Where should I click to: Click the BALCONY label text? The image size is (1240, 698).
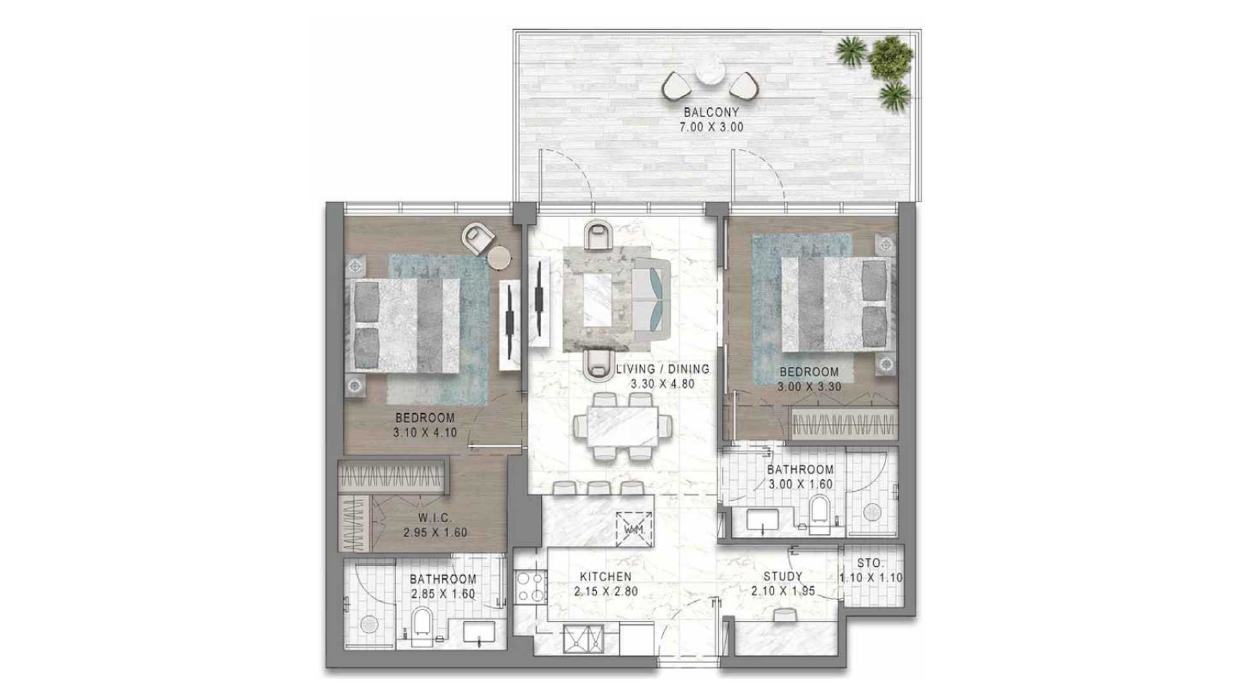click(711, 112)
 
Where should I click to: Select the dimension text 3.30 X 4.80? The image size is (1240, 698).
click(663, 384)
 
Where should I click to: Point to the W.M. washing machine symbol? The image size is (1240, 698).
click(634, 528)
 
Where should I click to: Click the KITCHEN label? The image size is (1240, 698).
click(605, 576)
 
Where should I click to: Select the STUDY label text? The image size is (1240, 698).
click(783, 576)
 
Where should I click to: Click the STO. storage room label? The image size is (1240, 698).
click(871, 564)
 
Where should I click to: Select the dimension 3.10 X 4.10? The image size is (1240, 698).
click(425, 433)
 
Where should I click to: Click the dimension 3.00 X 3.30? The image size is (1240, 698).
click(809, 387)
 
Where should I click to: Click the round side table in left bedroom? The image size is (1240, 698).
click(499, 257)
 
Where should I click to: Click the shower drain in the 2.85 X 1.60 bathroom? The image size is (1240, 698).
click(369, 624)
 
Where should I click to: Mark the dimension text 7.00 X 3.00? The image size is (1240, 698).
click(711, 127)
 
